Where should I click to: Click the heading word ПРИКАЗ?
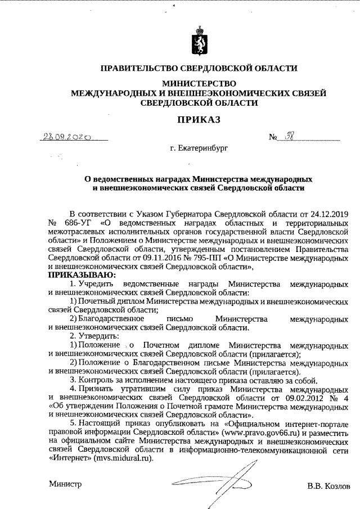[x=196, y=119]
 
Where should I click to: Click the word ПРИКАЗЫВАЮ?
[x=82, y=275]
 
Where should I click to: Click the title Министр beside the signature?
[x=65, y=484]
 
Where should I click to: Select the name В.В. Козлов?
[x=328, y=485]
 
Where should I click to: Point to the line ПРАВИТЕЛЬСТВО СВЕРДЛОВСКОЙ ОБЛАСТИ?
[x=198, y=69]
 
